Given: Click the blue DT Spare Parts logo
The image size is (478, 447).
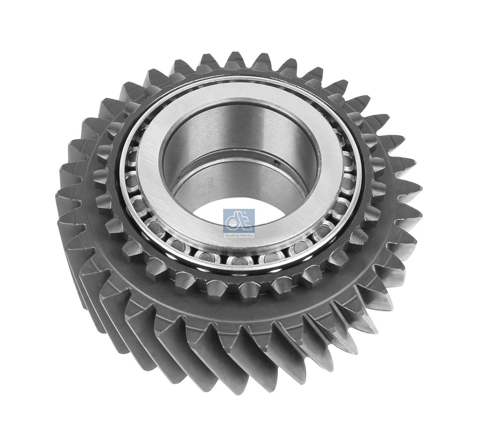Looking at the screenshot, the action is (x=239, y=221).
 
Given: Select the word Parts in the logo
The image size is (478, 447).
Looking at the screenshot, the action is (x=246, y=230).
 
